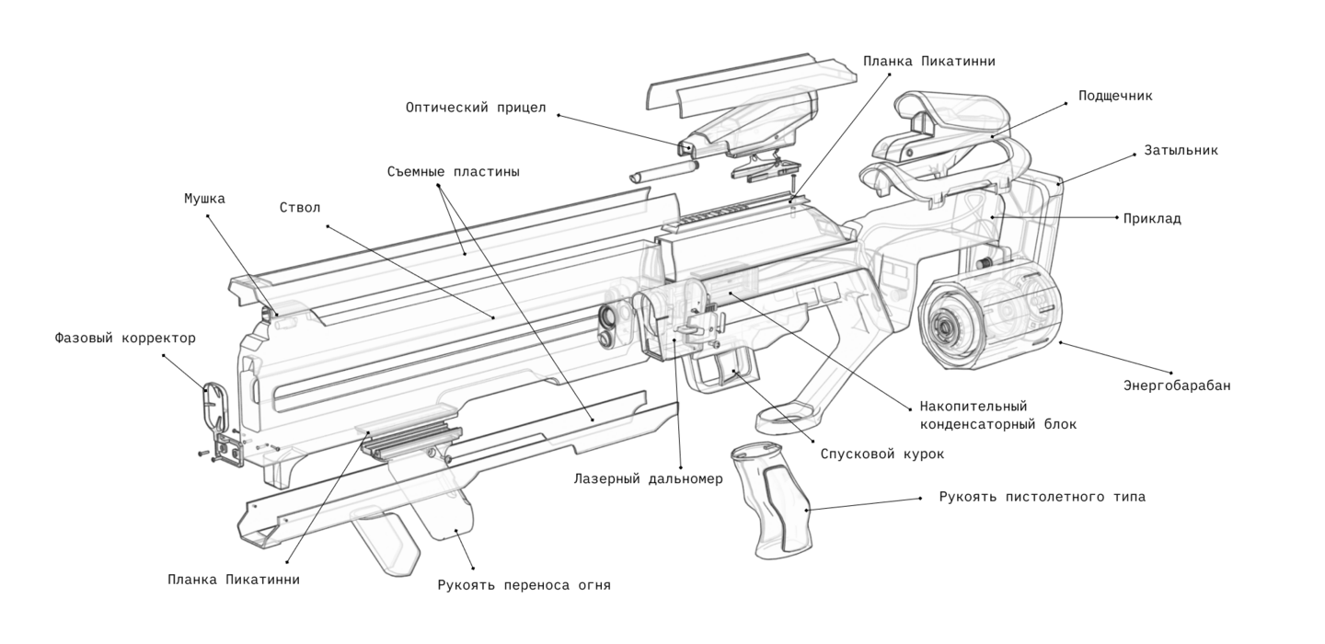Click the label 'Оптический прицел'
476,108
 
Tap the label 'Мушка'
204,198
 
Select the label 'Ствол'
300,207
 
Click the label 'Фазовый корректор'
125,338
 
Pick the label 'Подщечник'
1115,96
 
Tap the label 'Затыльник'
1181,150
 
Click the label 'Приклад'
1152,219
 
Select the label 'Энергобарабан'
1176,385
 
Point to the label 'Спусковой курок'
882,454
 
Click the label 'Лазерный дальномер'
649,479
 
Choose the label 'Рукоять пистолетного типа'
1042,498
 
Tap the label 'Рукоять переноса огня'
524,584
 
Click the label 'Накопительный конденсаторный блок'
997,415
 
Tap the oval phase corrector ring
213,405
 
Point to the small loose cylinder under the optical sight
663,172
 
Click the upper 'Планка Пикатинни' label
928,61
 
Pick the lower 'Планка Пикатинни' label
234,580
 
